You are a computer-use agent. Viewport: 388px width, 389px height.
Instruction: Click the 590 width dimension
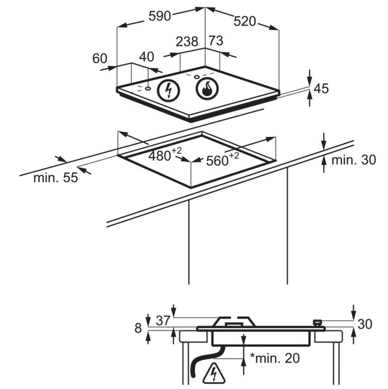point(160,16)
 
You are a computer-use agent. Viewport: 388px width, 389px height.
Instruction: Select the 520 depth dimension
point(244,21)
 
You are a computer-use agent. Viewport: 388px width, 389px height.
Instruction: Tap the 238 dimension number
point(187,41)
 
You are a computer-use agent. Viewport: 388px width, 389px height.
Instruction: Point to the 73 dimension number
point(216,41)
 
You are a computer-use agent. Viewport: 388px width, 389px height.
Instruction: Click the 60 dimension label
point(99,58)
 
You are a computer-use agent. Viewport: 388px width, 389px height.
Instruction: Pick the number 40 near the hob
point(147,57)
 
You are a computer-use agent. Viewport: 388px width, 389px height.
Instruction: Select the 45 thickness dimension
point(321,88)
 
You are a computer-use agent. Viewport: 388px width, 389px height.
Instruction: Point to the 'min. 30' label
point(354,160)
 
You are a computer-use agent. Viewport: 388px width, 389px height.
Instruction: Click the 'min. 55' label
point(55,178)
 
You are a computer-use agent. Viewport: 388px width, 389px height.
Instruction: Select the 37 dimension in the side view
point(163,321)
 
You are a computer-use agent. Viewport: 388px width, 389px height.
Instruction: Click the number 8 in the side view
point(137,328)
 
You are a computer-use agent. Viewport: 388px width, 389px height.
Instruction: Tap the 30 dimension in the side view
point(365,324)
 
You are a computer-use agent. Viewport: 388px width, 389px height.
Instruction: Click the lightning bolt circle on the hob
point(168,91)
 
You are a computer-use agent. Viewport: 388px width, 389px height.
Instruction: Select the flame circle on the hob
point(206,89)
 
